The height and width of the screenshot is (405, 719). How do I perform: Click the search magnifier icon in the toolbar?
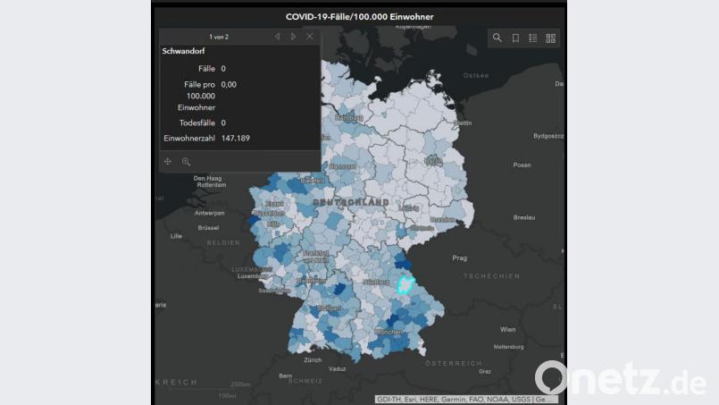(497, 38)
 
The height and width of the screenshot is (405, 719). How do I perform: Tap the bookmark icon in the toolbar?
(515, 38)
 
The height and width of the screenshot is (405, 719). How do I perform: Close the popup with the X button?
(310, 37)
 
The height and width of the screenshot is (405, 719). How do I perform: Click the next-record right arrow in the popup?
(293, 37)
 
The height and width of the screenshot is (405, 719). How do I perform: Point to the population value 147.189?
(236, 139)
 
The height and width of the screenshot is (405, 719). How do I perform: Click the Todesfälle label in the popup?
(196, 122)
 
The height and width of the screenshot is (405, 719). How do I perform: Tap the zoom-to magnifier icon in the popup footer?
(186, 162)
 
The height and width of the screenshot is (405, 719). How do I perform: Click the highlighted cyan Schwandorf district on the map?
(405, 286)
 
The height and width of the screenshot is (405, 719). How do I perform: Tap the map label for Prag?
(459, 258)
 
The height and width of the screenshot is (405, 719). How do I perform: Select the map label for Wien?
(508, 329)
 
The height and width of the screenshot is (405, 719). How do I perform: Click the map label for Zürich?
(312, 360)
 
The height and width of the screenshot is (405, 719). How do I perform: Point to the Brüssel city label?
(208, 228)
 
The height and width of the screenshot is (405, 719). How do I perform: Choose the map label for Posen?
(523, 165)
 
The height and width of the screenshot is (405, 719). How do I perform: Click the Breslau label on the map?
(524, 217)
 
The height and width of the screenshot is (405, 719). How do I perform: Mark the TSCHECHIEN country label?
(490, 276)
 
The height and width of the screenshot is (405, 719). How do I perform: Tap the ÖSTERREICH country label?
(453, 363)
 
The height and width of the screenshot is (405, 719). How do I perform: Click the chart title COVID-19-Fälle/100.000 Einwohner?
(359, 16)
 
